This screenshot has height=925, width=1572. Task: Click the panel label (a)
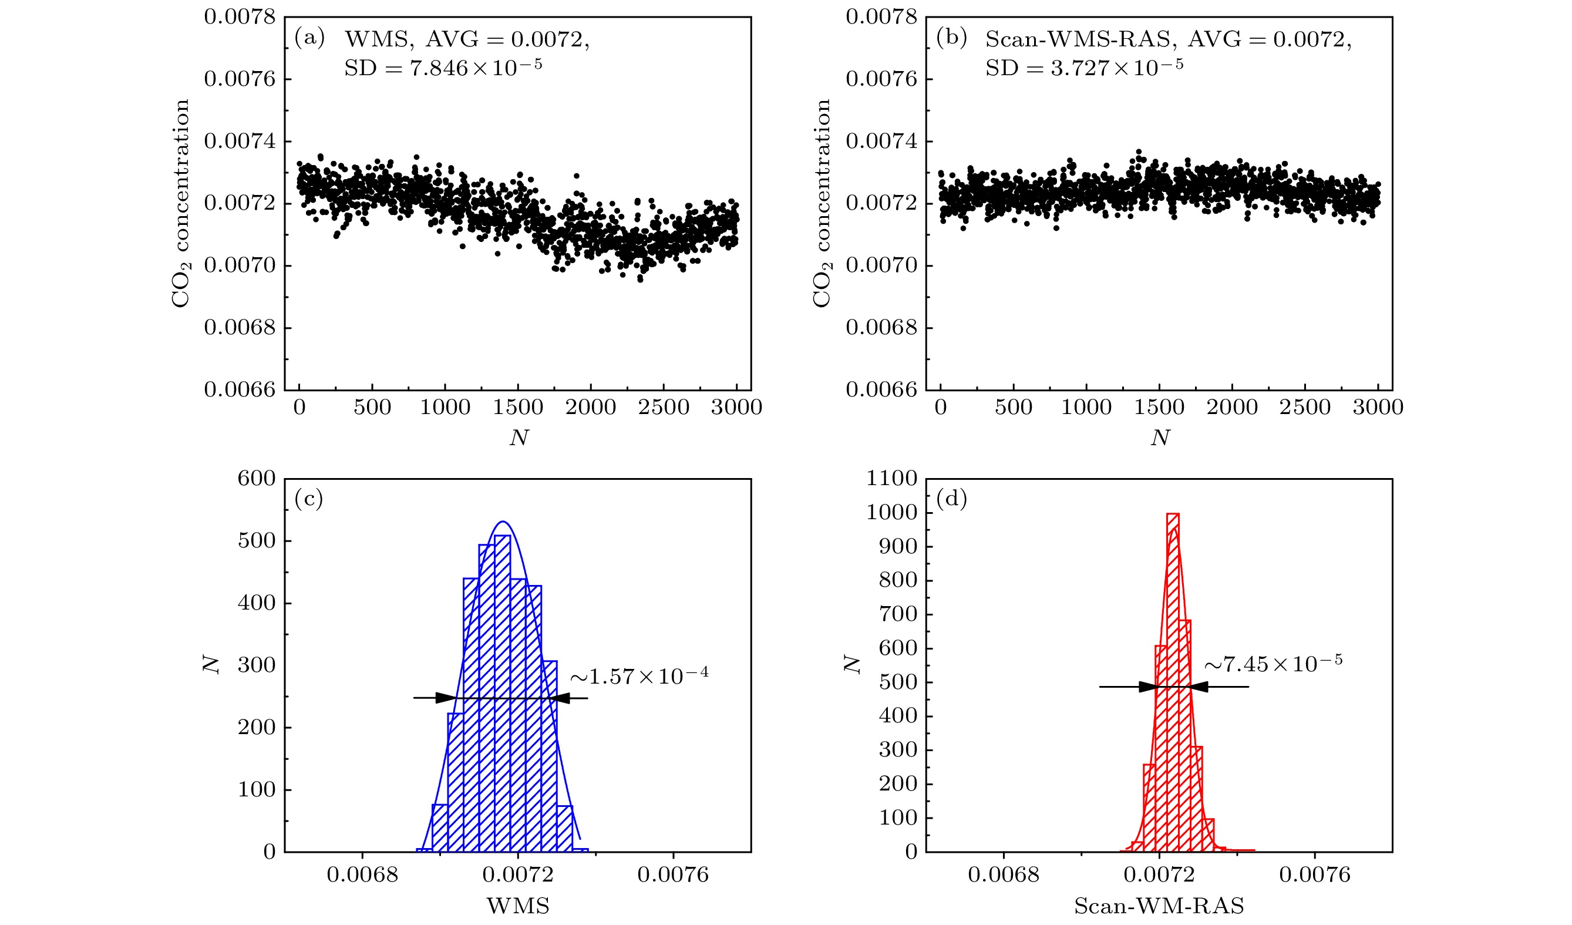pos(309,39)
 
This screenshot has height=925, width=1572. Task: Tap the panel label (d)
pos(951,499)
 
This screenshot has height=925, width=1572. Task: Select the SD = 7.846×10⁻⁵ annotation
pos(443,68)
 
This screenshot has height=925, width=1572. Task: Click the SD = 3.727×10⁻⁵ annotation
pos(1083,68)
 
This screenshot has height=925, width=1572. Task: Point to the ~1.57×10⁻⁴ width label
pos(639,675)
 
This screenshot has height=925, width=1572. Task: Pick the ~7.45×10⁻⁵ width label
pos(1273,664)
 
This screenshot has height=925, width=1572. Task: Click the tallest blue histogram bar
pos(502,692)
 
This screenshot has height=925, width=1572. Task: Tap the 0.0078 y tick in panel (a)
pos(240,17)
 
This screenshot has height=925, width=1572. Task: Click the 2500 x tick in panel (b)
pos(1304,408)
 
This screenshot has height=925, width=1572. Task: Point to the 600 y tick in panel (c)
pos(257,479)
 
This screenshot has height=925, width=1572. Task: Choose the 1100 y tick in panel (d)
pos(891,479)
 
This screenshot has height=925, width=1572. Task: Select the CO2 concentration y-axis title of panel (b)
pos(822,203)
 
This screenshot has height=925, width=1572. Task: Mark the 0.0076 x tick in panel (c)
pos(673,875)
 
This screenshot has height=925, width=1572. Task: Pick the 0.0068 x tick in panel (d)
pos(1004,875)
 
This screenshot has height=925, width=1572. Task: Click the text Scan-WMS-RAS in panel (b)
pos(1078,39)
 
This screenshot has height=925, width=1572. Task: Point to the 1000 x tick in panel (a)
pos(445,408)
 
